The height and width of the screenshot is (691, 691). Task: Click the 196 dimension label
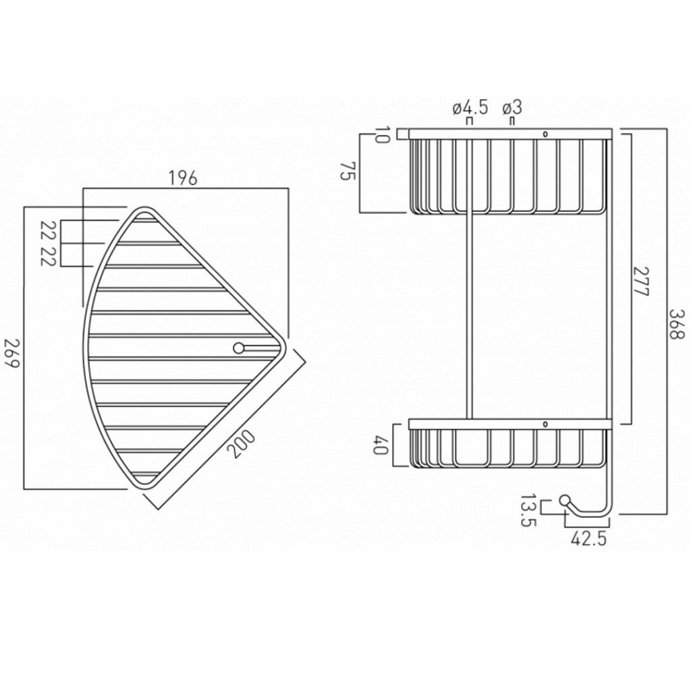pos(182,178)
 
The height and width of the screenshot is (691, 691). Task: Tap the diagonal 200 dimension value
pos(242,445)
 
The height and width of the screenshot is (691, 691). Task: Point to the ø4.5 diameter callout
pos(470,107)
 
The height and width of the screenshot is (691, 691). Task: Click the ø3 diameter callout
pos(512,107)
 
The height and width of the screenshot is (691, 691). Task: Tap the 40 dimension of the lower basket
pos(379,447)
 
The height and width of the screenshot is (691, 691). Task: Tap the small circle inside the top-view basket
pos(238,348)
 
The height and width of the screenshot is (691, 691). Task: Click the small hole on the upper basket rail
pos(545,133)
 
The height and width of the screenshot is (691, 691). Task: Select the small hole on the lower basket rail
pos(545,424)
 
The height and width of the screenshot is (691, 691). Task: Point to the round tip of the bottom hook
pos(563,500)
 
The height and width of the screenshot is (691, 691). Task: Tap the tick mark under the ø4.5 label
pos(470,122)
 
